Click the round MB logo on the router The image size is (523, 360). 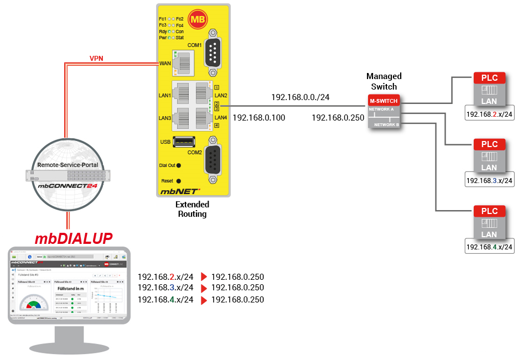(197, 20)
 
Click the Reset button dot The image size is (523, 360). (179, 181)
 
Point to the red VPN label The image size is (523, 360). (96, 58)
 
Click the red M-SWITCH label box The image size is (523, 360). (383, 101)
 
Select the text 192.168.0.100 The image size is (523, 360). (260, 118)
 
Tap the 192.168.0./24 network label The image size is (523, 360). (300, 97)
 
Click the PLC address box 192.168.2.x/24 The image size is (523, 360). (489, 115)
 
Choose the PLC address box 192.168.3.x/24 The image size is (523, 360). (489, 180)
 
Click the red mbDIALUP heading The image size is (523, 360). (74, 238)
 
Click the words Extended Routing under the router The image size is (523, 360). (191, 209)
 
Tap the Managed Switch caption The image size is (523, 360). (384, 81)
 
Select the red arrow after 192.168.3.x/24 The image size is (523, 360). (203, 288)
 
